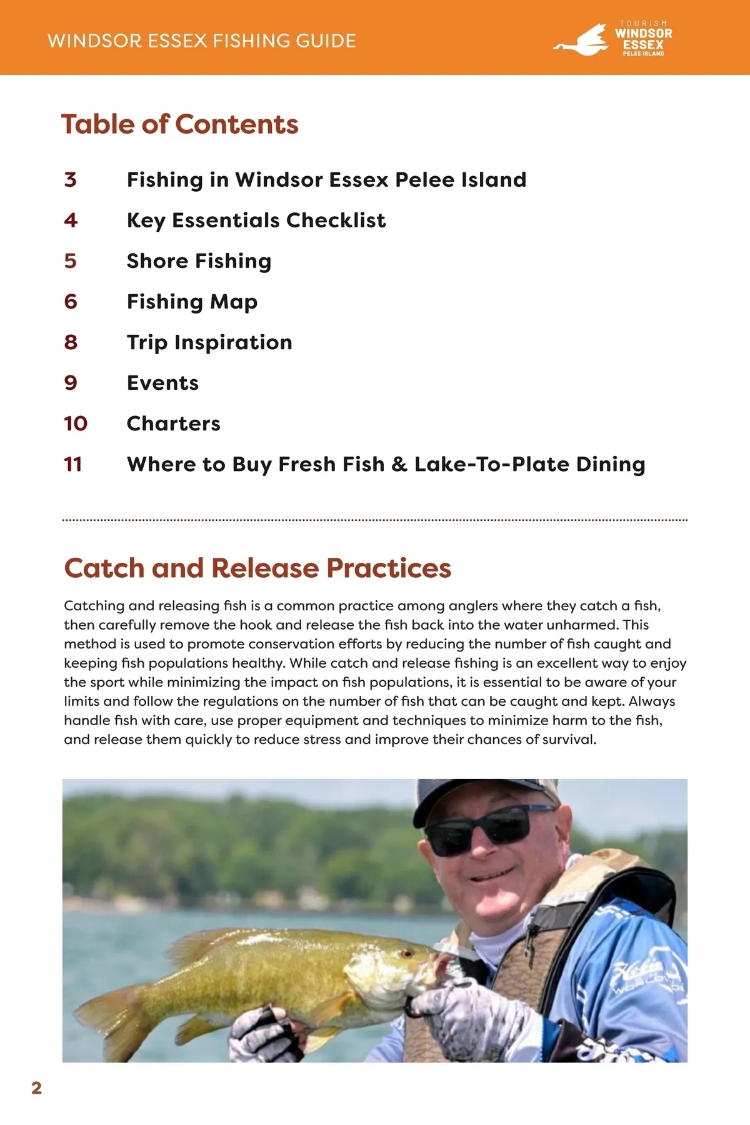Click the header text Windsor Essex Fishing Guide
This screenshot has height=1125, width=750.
coord(201,41)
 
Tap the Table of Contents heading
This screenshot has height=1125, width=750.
coord(180,124)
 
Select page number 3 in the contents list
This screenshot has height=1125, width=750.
coord(71,180)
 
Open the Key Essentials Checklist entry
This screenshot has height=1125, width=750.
coord(256,221)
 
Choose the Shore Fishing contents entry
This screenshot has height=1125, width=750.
coord(199,261)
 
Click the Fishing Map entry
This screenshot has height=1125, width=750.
coord(192,302)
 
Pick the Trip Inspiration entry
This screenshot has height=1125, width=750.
coord(209,342)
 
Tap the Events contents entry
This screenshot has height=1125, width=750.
coord(162,383)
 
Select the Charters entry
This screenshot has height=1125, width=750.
coord(174,424)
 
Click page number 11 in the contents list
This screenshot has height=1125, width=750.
coord(73,464)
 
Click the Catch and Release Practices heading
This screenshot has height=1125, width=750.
coord(257,568)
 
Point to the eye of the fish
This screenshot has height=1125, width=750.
coord(407,954)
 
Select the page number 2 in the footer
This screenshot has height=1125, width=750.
coord(37,1088)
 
